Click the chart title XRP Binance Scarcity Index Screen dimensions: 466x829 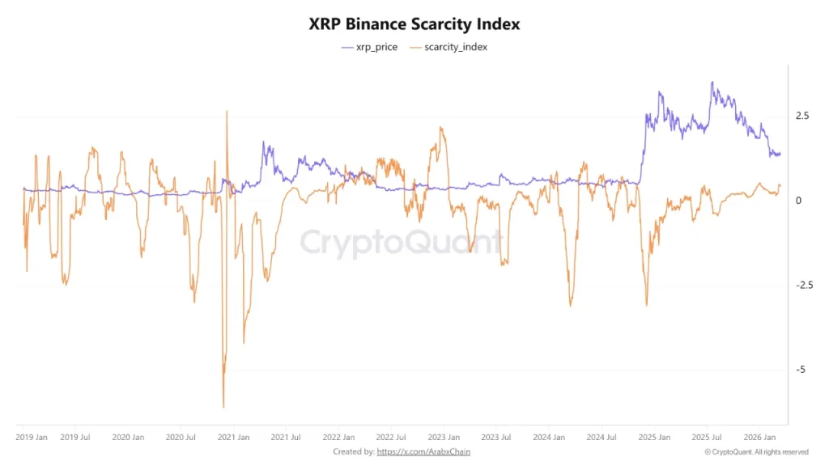pyautogui.click(x=414, y=24)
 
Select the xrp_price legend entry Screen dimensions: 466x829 pyautogui.click(x=370, y=47)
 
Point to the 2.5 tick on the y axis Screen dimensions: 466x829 pyautogui.click(x=803, y=116)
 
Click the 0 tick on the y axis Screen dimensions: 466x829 pyautogui.click(x=799, y=201)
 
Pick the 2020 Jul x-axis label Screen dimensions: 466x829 pyautogui.click(x=180, y=437)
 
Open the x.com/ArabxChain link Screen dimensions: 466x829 pyautogui.click(x=423, y=451)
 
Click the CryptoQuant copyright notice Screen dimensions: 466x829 pyautogui.click(x=756, y=451)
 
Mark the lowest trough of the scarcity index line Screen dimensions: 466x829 pyautogui.click(x=223, y=407)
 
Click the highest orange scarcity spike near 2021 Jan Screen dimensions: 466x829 pyautogui.click(x=227, y=111)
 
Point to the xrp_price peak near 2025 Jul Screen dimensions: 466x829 pyautogui.click(x=712, y=82)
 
